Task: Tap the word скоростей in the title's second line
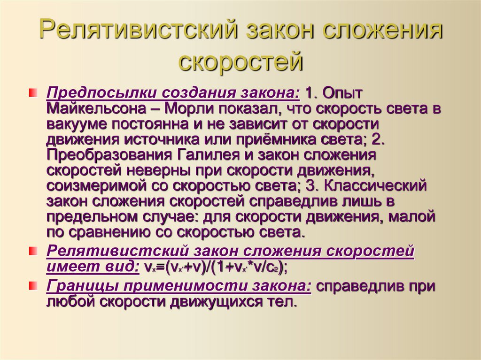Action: pos(240,62)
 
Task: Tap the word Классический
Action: pos(373,185)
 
